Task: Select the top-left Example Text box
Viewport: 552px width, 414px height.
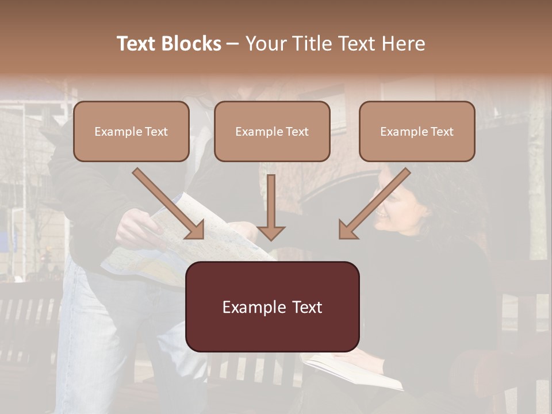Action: (x=131, y=131)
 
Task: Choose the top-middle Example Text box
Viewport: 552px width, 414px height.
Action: (x=272, y=131)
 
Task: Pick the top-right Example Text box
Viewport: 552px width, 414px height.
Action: (x=417, y=131)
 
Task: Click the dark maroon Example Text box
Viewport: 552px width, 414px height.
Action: (x=272, y=306)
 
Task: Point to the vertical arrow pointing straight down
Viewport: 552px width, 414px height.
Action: (x=271, y=207)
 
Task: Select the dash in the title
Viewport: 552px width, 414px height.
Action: (x=233, y=44)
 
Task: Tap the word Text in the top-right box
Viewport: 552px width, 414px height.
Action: (x=442, y=132)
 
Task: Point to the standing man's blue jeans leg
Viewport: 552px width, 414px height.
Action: (x=86, y=333)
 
